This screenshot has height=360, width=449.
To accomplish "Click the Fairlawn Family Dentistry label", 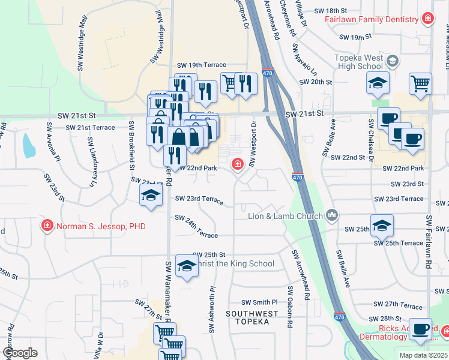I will tap(372, 19).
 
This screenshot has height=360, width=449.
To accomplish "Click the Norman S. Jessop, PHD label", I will tap(101, 226).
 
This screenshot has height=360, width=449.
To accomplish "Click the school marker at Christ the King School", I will tap(187, 266).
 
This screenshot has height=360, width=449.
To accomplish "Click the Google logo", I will tap(20, 353).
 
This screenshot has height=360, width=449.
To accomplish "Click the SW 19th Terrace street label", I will tap(201, 65).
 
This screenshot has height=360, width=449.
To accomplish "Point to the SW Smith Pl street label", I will tap(259, 302).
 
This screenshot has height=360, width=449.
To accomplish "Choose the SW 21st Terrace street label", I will tap(90, 128).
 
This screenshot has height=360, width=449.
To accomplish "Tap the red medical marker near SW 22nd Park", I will tap(238, 163).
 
